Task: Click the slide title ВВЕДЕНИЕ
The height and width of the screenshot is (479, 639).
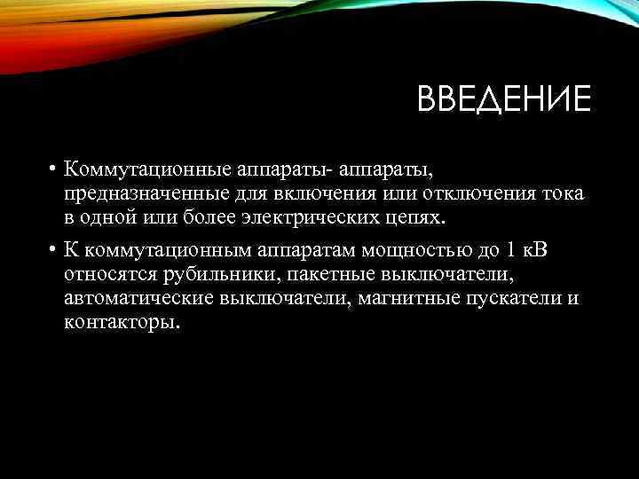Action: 503,99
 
